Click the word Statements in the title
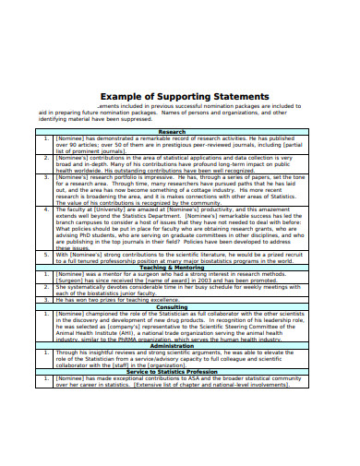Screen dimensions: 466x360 239,96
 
